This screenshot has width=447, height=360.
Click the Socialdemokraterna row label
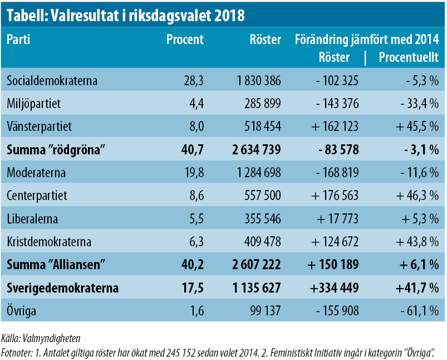click(x=52, y=81)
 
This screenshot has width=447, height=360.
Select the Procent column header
click(x=185, y=40)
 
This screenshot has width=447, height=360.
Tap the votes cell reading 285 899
click(x=258, y=103)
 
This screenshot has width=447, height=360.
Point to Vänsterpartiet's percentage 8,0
click(x=194, y=126)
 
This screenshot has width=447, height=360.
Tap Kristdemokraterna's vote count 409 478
click(x=258, y=242)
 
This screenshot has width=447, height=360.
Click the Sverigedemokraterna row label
click(x=62, y=288)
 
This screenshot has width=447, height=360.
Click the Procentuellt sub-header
click(x=409, y=57)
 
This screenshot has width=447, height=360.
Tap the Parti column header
click(x=18, y=40)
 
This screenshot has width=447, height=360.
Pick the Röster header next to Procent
click(x=265, y=40)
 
